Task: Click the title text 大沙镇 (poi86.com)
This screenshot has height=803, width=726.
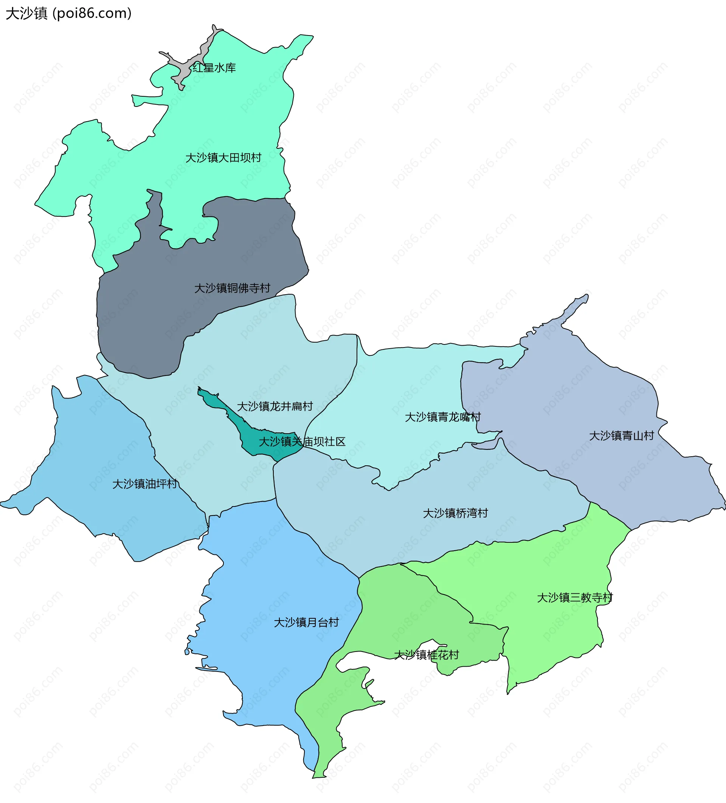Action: pyautogui.click(x=68, y=14)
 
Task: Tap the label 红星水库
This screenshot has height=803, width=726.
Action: pyautogui.click(x=214, y=68)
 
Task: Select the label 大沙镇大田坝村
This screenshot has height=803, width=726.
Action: pyautogui.click(x=223, y=158)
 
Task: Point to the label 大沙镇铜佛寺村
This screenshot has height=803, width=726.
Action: pyautogui.click(x=232, y=288)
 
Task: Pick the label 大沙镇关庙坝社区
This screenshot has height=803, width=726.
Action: pyautogui.click(x=302, y=441)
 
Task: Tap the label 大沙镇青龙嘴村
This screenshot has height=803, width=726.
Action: pyautogui.click(x=442, y=417)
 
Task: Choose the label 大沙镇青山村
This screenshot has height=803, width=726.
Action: pyautogui.click(x=622, y=436)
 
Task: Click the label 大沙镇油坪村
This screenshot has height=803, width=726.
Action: pyautogui.click(x=145, y=484)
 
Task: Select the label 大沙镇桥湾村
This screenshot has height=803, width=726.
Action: pyautogui.click(x=455, y=513)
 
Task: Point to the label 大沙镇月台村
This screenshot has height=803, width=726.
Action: pyautogui.click(x=306, y=622)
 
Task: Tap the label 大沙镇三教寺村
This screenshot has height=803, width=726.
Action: pyautogui.click(x=575, y=598)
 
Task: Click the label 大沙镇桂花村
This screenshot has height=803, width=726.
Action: pyautogui.click(x=426, y=655)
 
